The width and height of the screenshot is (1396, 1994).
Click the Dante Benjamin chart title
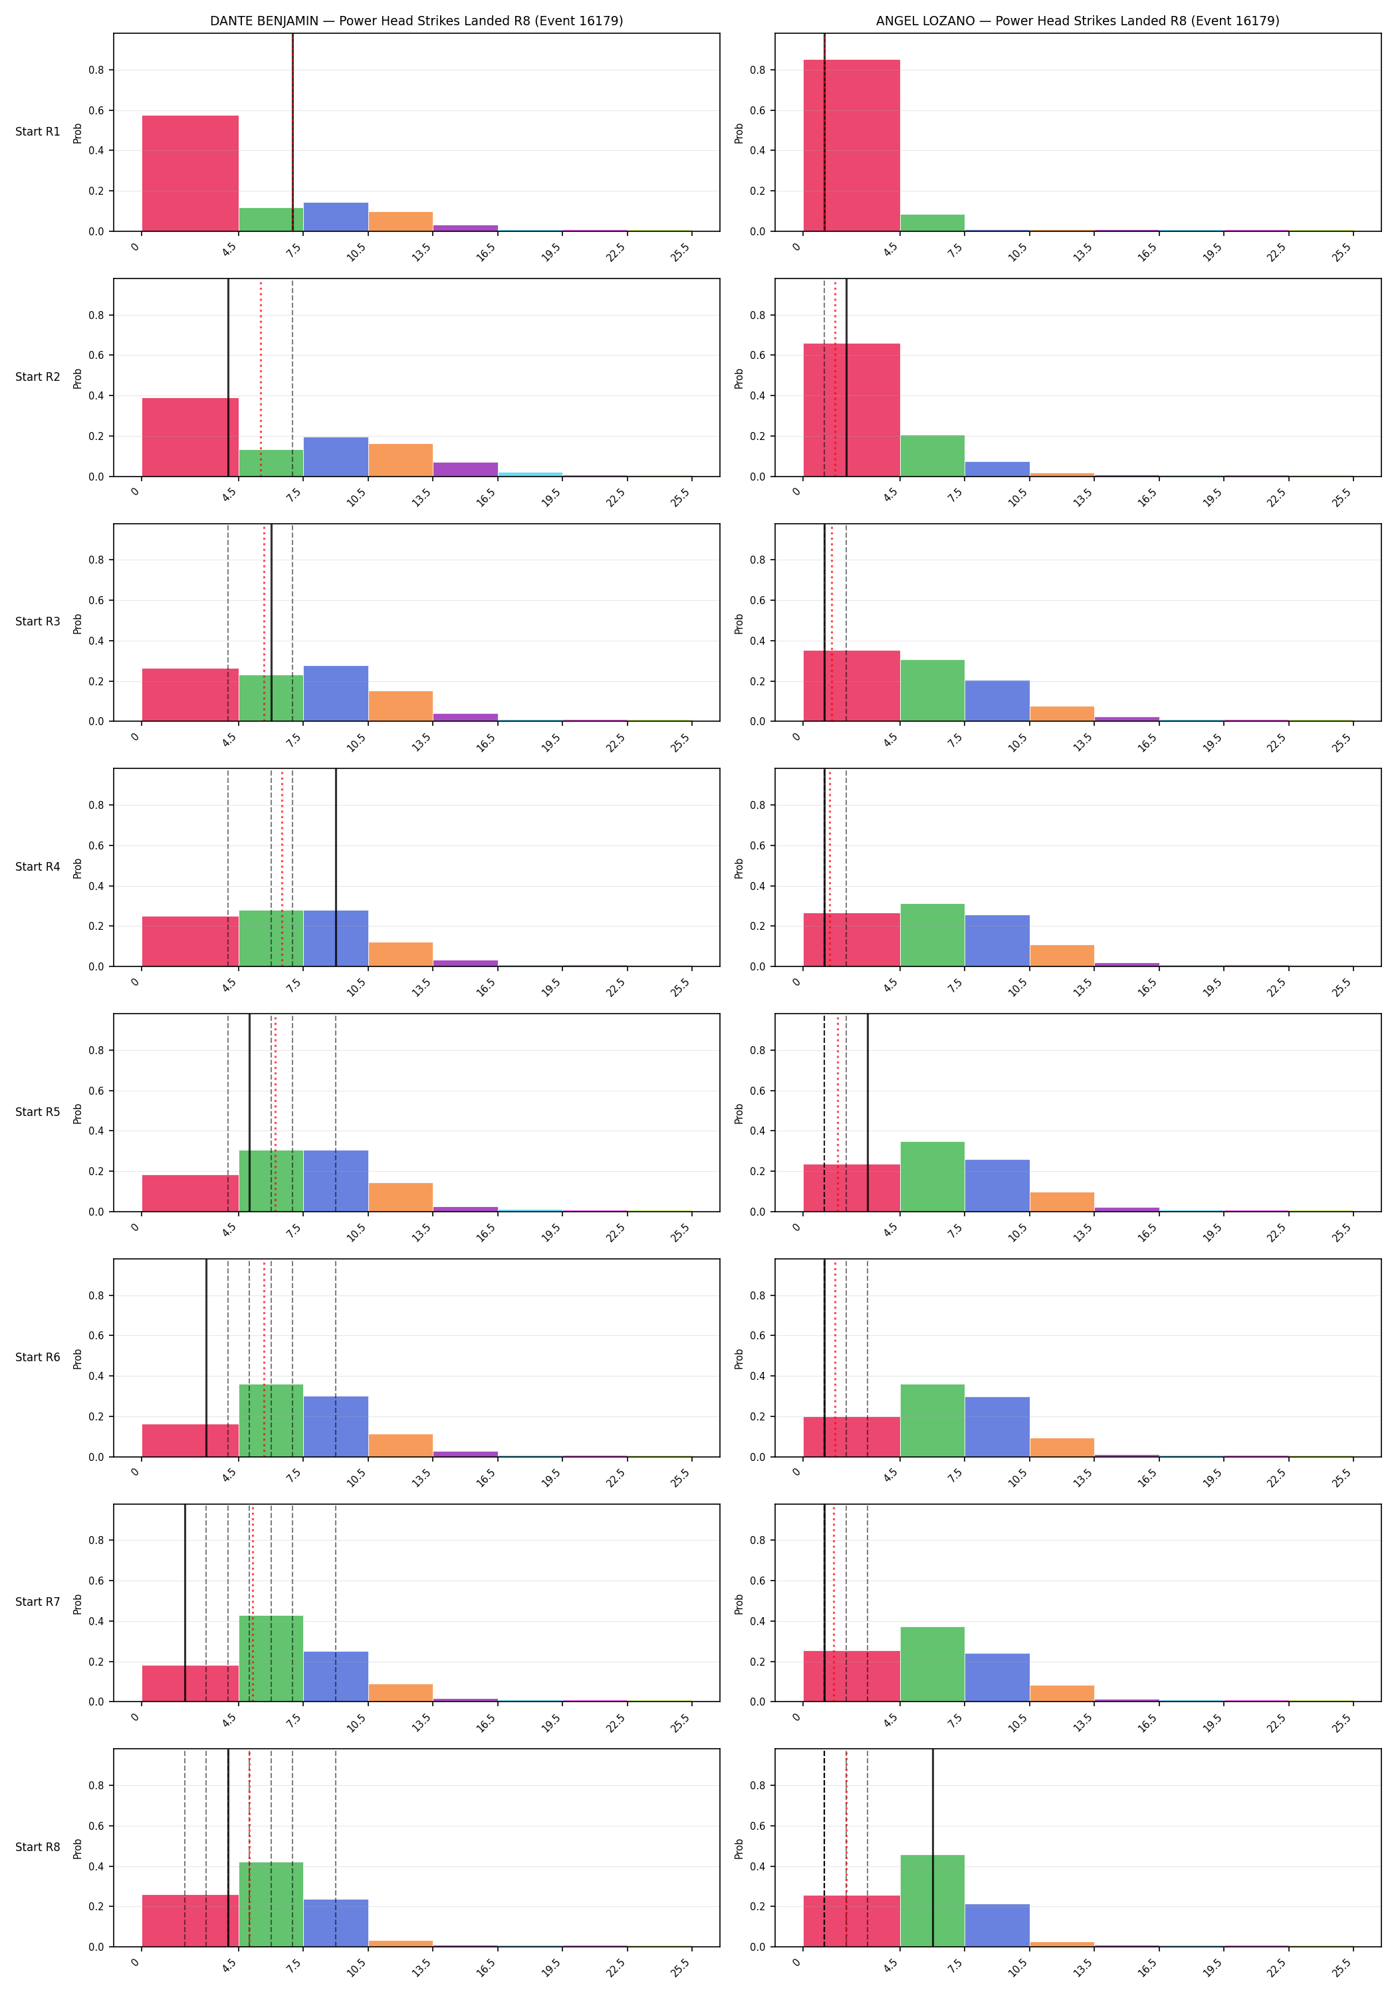(x=416, y=21)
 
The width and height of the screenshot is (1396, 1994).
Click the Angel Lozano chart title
(x=1077, y=21)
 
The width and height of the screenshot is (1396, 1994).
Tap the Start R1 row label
(x=37, y=132)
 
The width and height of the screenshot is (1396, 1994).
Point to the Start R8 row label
(x=37, y=1847)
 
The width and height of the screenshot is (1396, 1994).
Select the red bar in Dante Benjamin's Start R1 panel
(x=190, y=173)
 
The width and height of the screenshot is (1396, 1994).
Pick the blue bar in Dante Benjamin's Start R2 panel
(x=335, y=457)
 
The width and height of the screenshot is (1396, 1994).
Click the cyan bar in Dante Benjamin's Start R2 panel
(x=530, y=474)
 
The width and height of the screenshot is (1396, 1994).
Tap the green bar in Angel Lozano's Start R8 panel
(x=932, y=1900)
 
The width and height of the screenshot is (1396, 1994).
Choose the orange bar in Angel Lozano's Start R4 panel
(x=1062, y=955)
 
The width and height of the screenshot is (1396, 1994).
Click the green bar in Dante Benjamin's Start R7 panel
(x=271, y=1659)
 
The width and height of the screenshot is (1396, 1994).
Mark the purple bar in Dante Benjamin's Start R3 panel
(x=465, y=717)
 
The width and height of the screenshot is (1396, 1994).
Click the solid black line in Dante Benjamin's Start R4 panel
(x=336, y=867)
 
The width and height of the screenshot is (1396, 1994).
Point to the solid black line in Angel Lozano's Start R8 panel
(x=933, y=1848)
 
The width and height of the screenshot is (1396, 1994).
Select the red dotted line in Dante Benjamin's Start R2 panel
(x=261, y=378)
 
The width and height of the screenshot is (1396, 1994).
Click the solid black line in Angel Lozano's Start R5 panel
(x=868, y=1113)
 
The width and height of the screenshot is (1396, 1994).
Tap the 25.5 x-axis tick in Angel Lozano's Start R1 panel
(x=1342, y=252)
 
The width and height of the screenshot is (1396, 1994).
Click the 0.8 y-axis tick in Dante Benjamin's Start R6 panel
(x=96, y=1295)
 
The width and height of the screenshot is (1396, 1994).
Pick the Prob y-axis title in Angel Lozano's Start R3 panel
(x=739, y=623)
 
